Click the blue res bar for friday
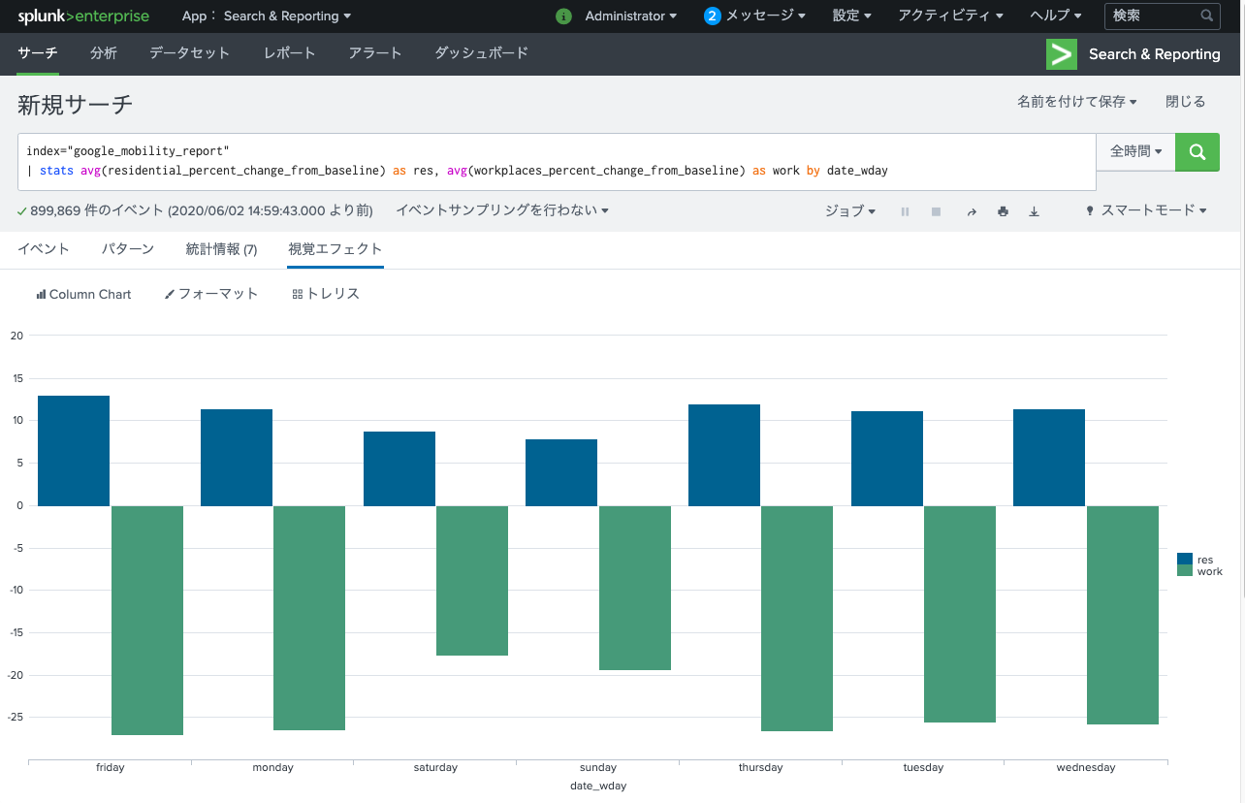(74, 450)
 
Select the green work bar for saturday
(472, 580)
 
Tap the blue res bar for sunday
(561, 472)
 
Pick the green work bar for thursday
(797, 618)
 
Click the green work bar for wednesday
(1122, 614)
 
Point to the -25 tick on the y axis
(16, 718)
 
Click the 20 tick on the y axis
(16, 337)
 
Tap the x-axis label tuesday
(923, 768)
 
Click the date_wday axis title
(598, 787)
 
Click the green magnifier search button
(1197, 152)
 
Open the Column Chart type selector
(83, 294)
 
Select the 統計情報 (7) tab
(221, 249)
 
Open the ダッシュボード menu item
(481, 53)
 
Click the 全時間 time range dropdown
(1135, 152)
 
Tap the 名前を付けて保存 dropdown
(1076, 102)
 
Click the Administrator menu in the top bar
(630, 16)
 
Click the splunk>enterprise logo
(83, 16)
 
